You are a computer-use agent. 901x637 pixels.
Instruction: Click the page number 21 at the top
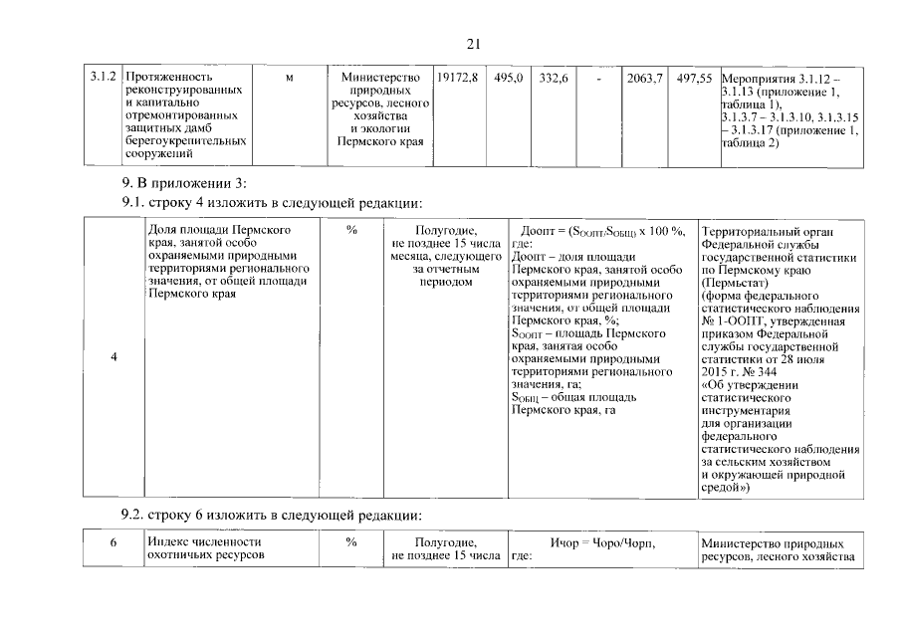(473, 43)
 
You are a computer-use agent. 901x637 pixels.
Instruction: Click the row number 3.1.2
(105, 77)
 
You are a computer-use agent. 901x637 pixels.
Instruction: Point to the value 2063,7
(643, 77)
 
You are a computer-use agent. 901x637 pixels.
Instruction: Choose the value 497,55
(693, 77)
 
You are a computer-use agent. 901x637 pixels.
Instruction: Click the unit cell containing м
(288, 77)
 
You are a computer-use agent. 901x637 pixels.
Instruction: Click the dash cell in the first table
(598, 77)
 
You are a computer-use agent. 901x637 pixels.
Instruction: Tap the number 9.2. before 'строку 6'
(132, 515)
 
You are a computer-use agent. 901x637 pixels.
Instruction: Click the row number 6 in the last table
(113, 543)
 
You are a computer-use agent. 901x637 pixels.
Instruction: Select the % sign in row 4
(351, 230)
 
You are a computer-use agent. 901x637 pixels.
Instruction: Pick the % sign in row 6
(351, 543)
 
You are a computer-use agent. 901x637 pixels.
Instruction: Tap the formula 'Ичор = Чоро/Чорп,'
(602, 543)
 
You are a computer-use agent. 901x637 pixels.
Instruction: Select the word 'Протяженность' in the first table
(172, 77)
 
